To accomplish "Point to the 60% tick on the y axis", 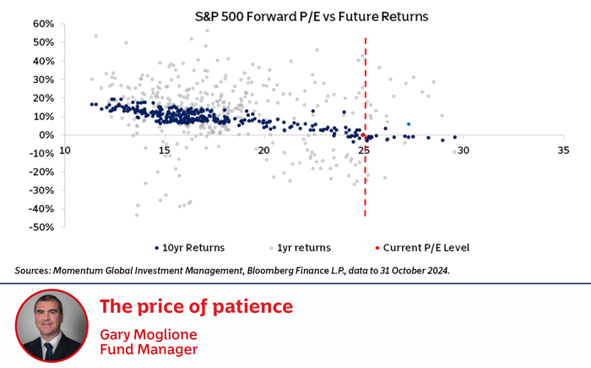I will click(x=43, y=24).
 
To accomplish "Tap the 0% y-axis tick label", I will click(x=46, y=135).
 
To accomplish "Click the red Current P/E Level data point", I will click(x=363, y=135).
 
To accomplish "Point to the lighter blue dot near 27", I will click(x=409, y=124).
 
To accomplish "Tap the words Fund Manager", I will click(x=149, y=349).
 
